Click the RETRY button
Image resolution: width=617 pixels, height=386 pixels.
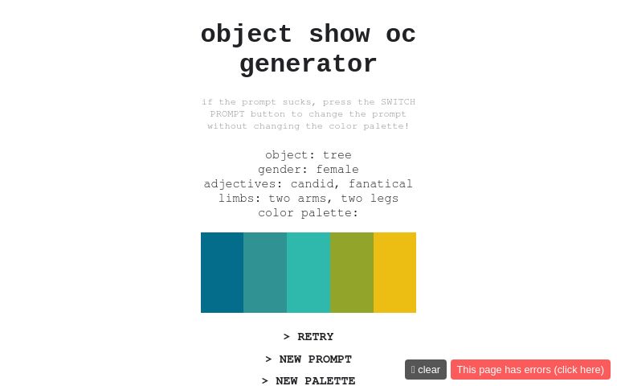[308, 337]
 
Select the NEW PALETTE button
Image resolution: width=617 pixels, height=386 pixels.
[308, 381]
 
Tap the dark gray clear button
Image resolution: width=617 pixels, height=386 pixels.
[426, 369]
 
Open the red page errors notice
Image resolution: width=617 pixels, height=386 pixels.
[530, 369]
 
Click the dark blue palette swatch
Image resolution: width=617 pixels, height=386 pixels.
[222, 273]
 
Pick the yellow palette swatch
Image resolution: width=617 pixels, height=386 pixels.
[394, 273]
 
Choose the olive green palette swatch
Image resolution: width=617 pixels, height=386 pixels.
[352, 273]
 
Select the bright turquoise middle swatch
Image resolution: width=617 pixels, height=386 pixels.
[308, 273]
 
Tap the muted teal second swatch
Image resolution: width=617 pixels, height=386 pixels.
[265, 273]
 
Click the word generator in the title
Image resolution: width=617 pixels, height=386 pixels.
[308, 64]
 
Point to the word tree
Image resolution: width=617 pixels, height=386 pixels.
[337, 155]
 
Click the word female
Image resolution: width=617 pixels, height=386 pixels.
[337, 170]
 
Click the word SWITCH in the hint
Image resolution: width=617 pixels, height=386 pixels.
[398, 102]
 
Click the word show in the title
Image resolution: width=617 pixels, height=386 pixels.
[339, 35]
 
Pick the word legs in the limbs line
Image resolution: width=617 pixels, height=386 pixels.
[384, 199]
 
